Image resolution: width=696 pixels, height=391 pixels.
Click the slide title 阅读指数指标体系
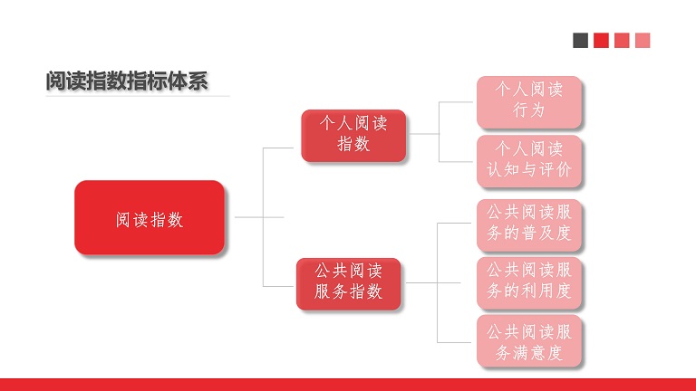127,81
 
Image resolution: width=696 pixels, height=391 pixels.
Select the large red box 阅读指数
150,217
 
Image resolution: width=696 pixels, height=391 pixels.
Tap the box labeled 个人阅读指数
353,136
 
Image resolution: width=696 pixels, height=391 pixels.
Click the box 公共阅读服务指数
348,283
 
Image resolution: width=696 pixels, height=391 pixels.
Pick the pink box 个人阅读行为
529,102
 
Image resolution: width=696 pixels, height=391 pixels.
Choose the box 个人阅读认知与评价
529,161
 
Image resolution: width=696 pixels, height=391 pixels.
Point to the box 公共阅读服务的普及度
529,225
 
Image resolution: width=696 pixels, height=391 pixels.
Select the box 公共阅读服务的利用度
529,282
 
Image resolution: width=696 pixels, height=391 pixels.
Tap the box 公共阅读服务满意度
529,340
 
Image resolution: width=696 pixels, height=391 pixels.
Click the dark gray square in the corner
581,41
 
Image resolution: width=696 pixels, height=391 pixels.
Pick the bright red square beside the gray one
601,41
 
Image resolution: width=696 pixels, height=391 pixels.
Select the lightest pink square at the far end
643,41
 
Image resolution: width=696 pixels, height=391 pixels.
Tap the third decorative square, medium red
622,41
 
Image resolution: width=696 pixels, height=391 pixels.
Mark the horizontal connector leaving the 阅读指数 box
259,217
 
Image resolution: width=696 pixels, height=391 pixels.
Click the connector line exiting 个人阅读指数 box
424,133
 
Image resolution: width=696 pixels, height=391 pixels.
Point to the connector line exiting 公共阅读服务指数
433,282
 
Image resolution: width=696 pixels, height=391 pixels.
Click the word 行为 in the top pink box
529,110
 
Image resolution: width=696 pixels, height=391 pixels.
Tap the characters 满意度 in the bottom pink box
537,353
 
